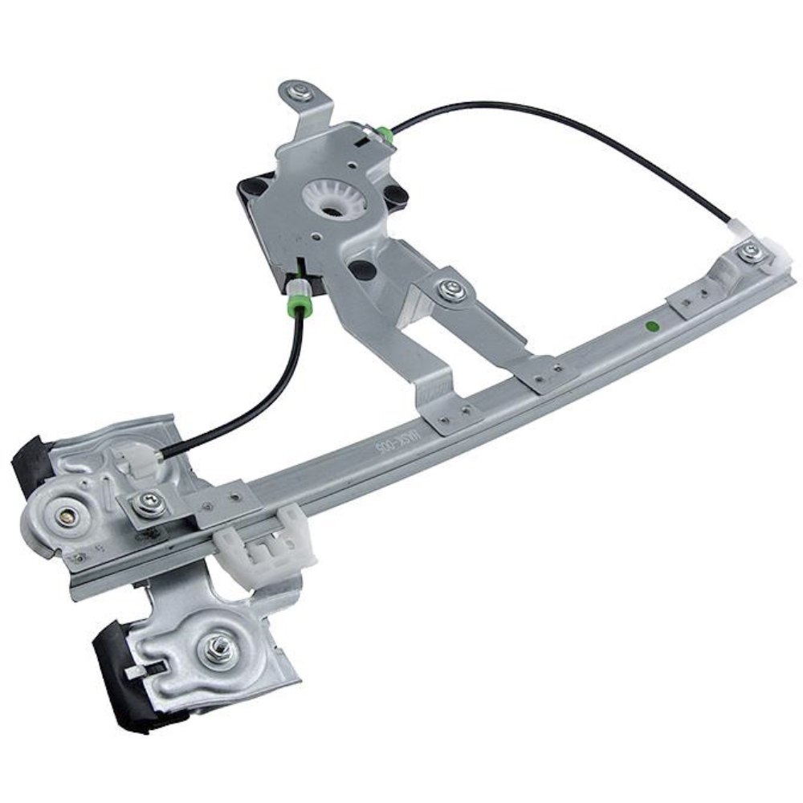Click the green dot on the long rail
(x=651, y=327)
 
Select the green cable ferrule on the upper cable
(x=385, y=135)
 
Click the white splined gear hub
(x=334, y=199)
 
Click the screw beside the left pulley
(x=149, y=503)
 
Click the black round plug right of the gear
(x=394, y=196)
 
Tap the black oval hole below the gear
(x=361, y=269)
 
